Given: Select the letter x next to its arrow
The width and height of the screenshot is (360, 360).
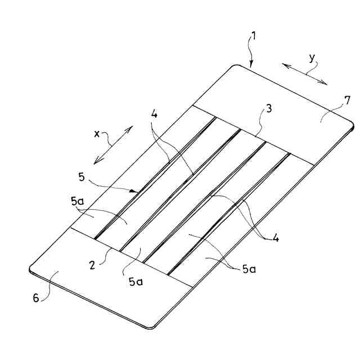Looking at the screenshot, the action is click(97, 134).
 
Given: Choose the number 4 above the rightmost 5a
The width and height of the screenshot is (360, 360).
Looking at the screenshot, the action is click(276, 238).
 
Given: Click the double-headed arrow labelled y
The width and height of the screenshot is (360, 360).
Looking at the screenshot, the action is click(305, 74).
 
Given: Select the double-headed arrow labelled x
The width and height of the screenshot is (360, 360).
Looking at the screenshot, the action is click(113, 145).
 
